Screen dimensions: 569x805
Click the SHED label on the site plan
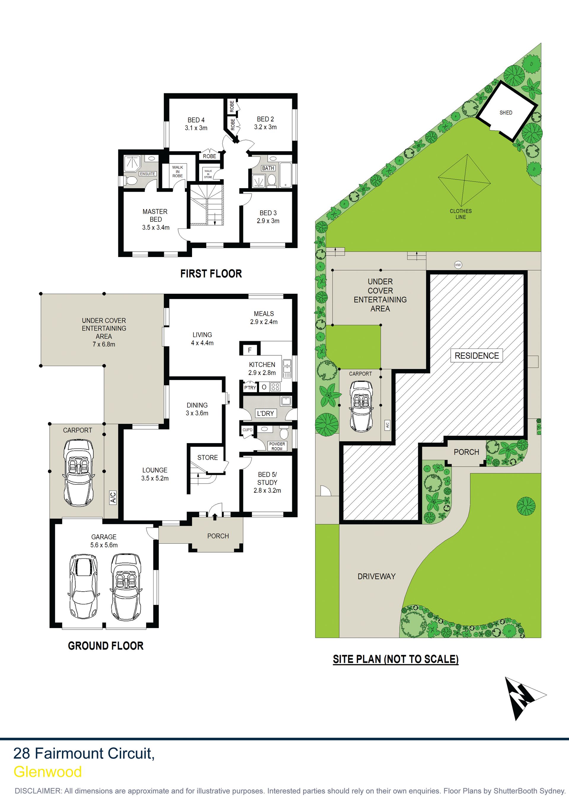[506, 113]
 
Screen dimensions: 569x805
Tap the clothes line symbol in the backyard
[464, 180]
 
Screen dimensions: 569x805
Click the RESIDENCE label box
[477, 355]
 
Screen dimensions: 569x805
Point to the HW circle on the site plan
[458, 265]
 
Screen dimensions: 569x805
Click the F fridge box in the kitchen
[250, 350]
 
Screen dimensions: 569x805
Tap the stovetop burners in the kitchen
[276, 387]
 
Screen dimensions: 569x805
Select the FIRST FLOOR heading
[211, 274]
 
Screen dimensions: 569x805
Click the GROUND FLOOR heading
[106, 646]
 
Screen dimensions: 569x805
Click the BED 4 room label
[196, 120]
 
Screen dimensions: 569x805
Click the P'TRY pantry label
[250, 387]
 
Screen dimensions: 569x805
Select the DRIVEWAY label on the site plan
[377, 576]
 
